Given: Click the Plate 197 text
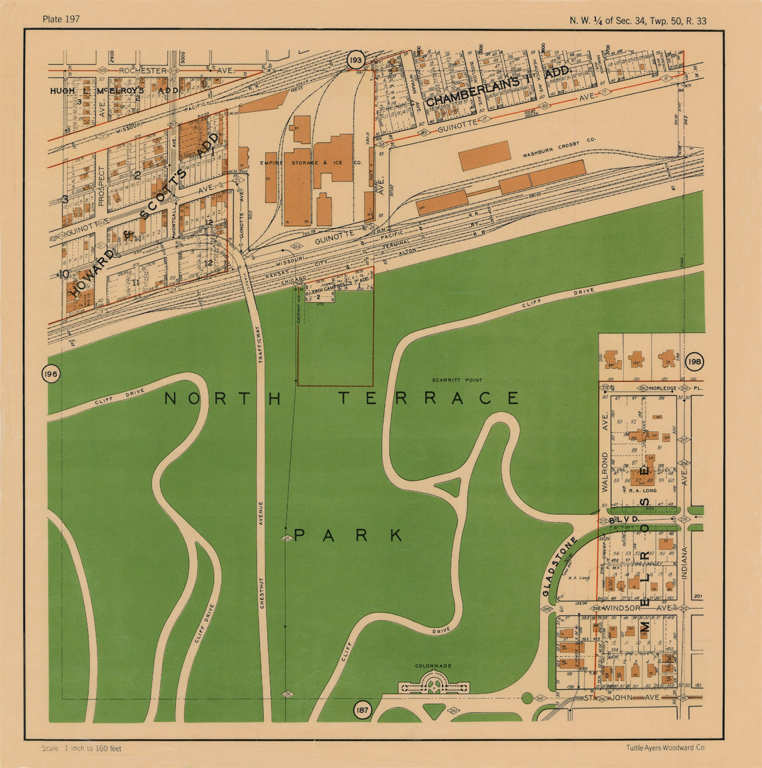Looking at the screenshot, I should [61, 19].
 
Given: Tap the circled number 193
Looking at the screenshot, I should [355, 61].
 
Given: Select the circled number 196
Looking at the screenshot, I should [51, 374].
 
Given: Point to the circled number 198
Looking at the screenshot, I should [694, 362].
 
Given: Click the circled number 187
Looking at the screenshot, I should [362, 709].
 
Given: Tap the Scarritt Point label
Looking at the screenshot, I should [457, 380].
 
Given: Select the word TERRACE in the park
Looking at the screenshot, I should [428, 399].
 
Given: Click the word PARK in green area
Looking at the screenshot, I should [348, 535].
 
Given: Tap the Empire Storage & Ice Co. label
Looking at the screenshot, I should [311, 163].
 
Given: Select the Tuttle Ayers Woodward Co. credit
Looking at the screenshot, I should [666, 747].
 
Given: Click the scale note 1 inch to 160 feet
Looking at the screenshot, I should [81, 748].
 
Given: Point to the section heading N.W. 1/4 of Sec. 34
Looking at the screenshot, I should [638, 20].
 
